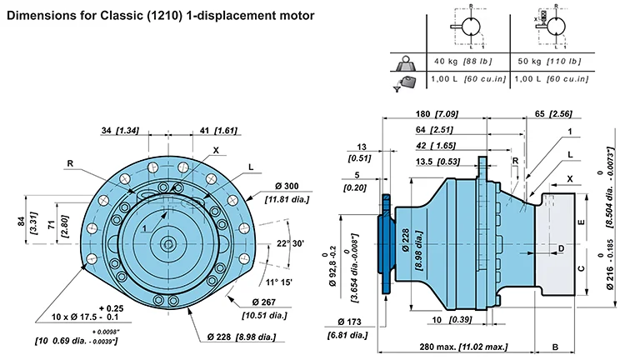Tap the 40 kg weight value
[447, 61]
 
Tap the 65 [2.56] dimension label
[563, 114]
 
